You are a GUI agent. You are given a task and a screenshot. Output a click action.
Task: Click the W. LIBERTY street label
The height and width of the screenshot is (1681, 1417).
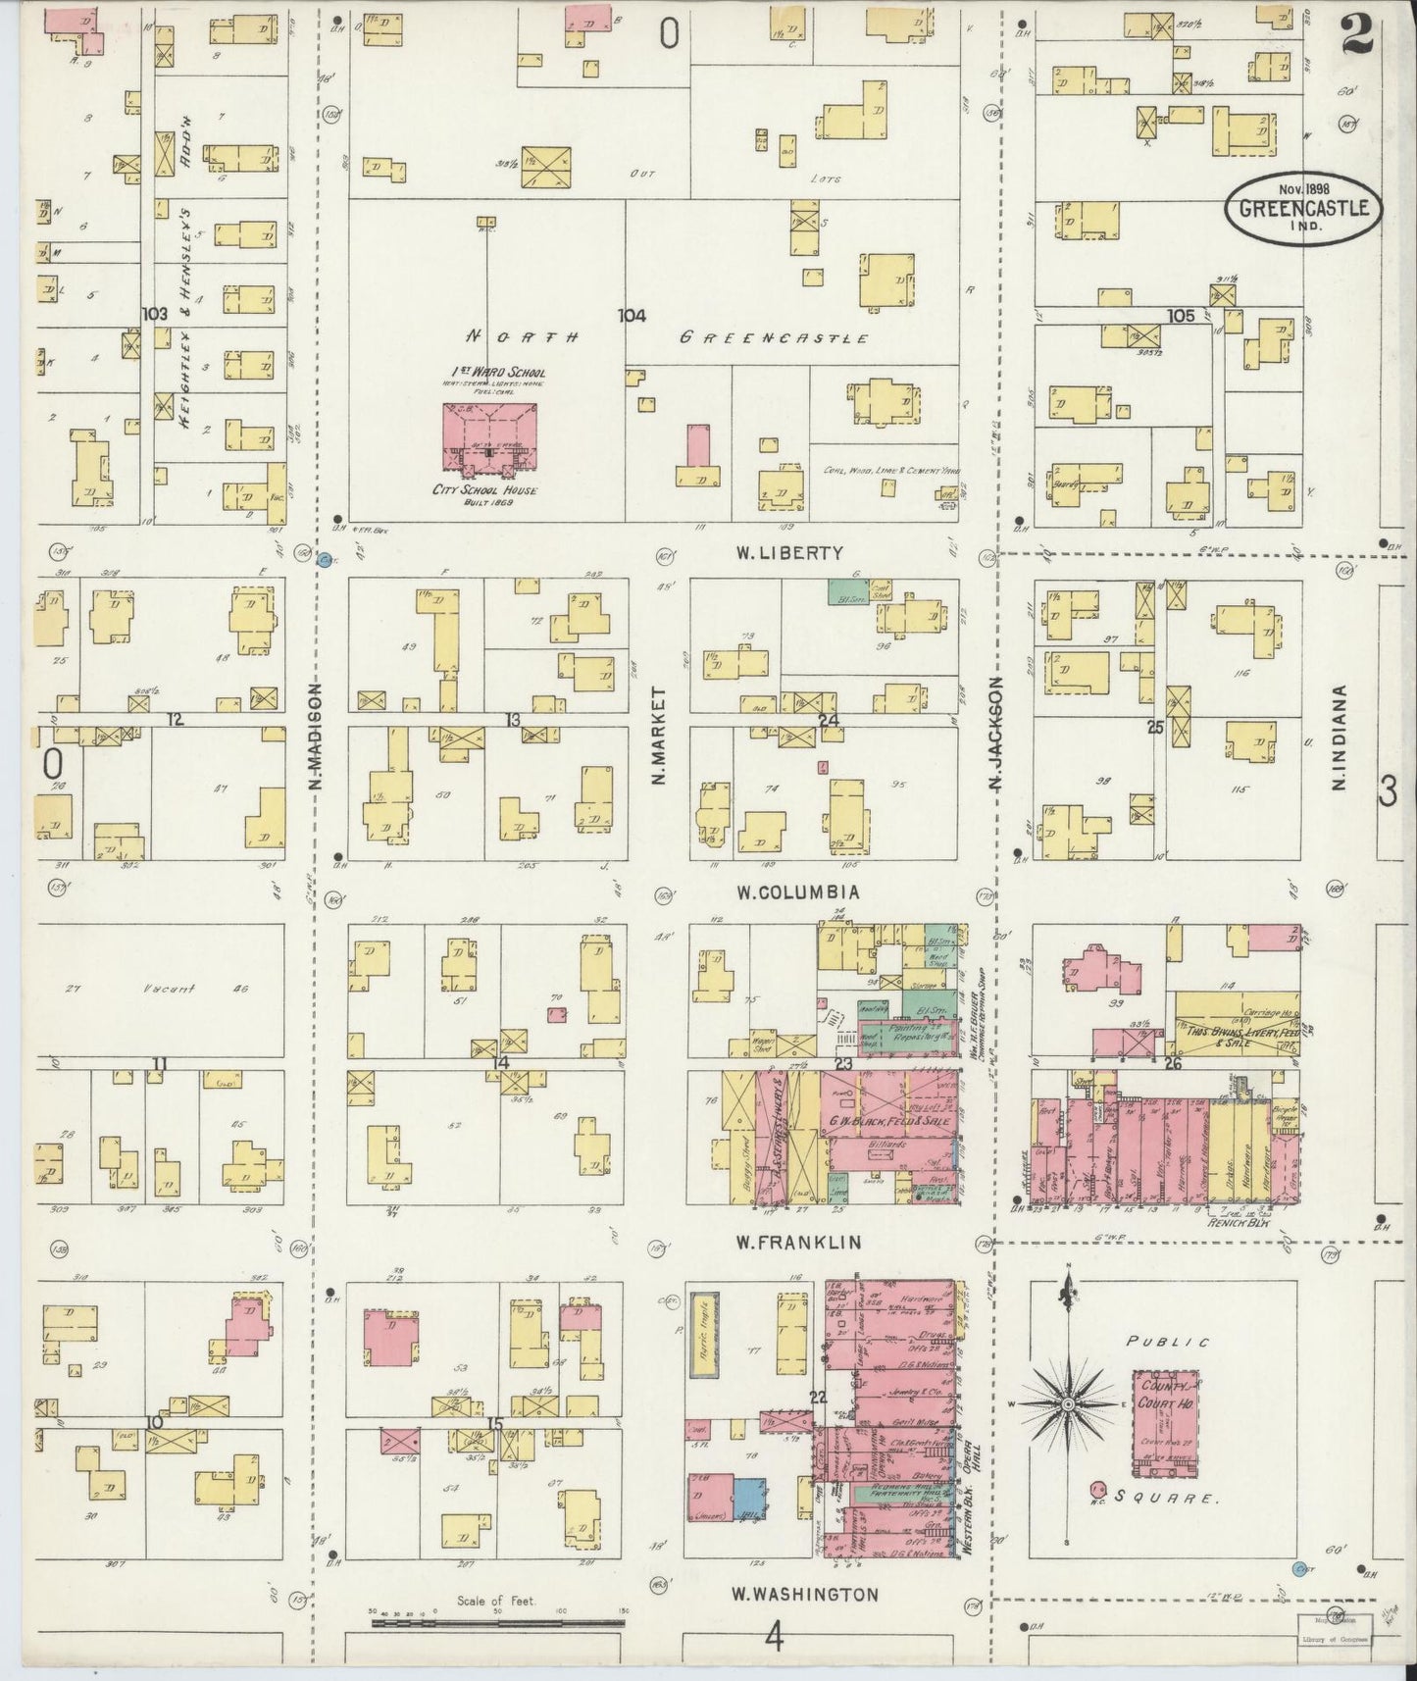tap(789, 553)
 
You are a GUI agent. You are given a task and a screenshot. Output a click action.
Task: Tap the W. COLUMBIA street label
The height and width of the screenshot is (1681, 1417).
tap(798, 892)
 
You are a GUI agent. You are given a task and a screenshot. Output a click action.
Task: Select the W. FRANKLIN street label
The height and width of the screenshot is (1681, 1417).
tap(798, 1243)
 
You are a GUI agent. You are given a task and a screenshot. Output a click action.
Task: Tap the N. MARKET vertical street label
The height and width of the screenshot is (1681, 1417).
tap(659, 736)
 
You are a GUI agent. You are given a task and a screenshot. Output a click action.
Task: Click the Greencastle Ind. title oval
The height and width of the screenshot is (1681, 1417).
tap(1304, 208)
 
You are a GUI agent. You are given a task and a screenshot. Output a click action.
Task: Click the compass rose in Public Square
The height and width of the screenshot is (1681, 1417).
tap(1068, 1405)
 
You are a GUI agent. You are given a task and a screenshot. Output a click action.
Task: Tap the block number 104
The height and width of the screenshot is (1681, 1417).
tap(632, 315)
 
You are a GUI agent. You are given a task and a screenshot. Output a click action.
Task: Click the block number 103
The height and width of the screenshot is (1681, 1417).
tap(154, 314)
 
